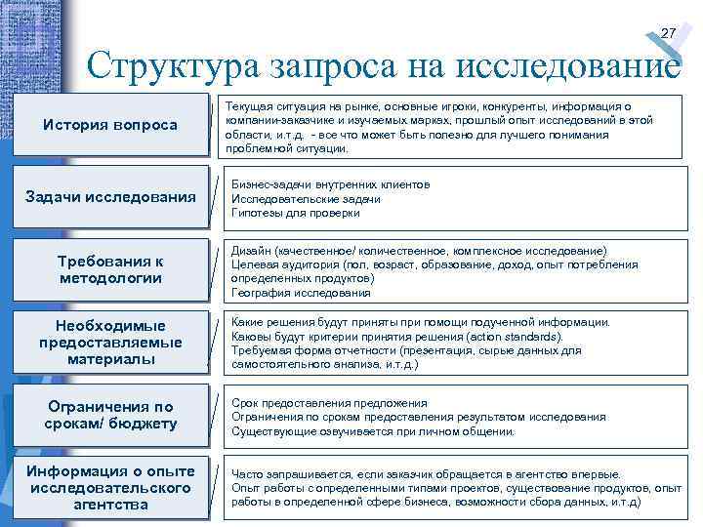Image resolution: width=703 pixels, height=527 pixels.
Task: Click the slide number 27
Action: coord(668,34)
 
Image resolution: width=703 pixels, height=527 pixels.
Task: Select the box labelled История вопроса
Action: coord(110,125)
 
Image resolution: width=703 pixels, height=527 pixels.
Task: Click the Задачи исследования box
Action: coord(110,198)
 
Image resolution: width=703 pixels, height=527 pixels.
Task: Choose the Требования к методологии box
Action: coord(110,269)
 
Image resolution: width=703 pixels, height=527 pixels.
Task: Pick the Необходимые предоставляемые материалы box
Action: coord(110,342)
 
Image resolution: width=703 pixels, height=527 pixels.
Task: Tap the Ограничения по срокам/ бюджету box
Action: coord(110,415)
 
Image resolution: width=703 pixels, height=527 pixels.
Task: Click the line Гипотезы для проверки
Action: coord(282,213)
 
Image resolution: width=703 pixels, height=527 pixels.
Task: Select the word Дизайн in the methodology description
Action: coord(252,251)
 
